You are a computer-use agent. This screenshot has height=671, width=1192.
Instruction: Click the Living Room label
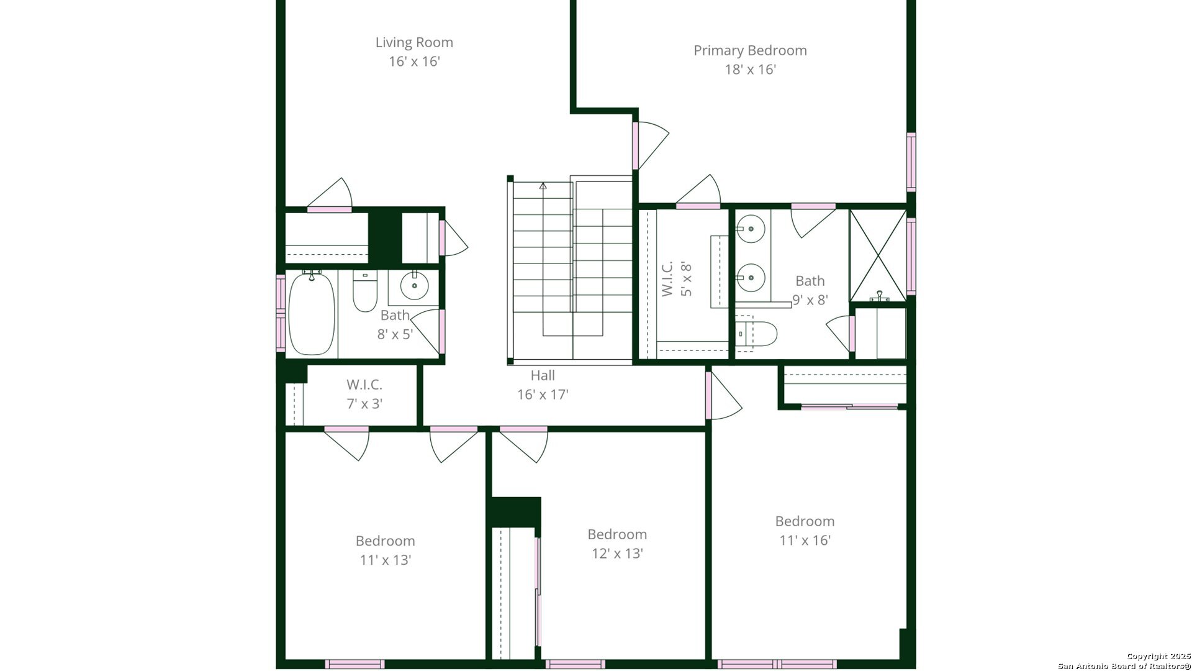(414, 42)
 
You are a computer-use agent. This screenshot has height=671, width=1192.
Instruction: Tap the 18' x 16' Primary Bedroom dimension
(750, 69)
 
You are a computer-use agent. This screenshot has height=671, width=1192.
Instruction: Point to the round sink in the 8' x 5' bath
(414, 286)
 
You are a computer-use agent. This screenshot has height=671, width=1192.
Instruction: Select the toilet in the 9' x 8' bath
(759, 334)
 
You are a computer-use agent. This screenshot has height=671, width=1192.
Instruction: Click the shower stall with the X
(877, 255)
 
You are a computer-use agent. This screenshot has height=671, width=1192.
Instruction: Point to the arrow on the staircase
(543, 186)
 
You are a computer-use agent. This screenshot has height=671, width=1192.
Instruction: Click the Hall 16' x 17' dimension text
(543, 395)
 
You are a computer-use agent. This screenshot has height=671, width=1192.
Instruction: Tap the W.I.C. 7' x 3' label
(364, 394)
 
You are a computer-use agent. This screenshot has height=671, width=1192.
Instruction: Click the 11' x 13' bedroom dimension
(385, 560)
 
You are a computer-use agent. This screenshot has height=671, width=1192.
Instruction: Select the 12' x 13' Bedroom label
(617, 534)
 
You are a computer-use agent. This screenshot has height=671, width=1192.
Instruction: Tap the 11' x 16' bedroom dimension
(805, 540)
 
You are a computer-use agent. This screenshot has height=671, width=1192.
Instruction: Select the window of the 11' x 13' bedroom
(354, 664)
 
